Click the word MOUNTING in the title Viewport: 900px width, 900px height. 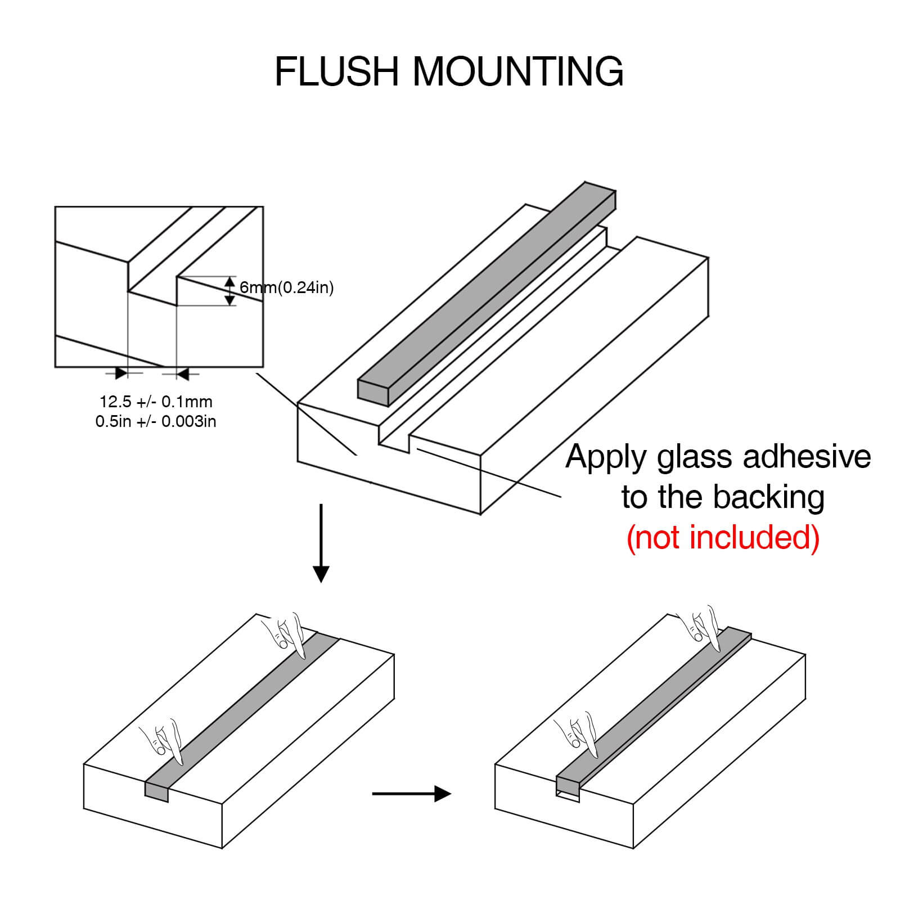(519, 71)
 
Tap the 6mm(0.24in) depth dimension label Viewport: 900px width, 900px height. (287, 288)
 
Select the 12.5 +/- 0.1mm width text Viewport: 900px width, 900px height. (156, 402)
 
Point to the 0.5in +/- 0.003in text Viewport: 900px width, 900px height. (156, 421)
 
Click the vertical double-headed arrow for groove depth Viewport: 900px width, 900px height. (229, 291)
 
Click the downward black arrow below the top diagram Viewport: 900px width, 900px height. (321, 543)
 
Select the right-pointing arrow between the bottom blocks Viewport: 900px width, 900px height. (412, 794)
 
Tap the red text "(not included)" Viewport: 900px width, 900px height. (723, 537)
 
